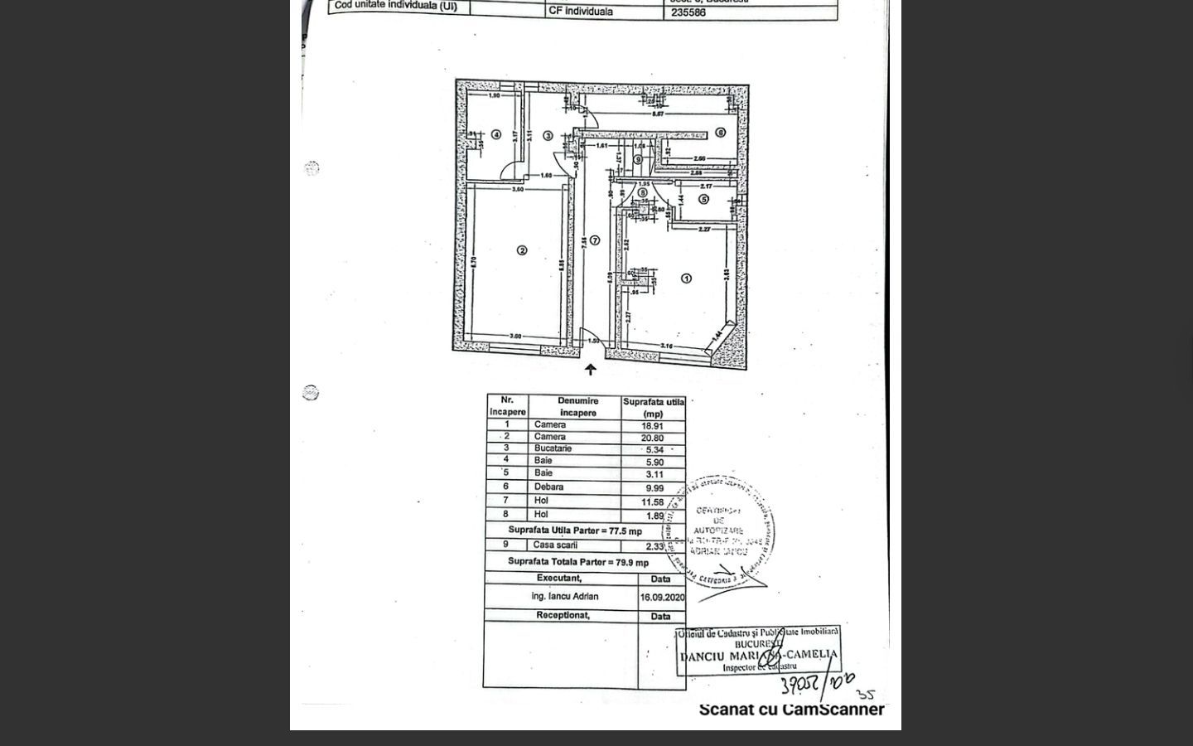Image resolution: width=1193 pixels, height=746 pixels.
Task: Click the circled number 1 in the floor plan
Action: (x=686, y=279)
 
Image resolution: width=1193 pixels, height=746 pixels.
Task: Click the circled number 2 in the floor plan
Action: (x=522, y=250)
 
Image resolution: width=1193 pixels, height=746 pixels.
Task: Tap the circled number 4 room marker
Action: (x=496, y=134)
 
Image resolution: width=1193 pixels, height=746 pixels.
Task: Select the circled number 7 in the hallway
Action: (x=594, y=240)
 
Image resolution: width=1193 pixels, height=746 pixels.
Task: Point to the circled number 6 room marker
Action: (x=720, y=133)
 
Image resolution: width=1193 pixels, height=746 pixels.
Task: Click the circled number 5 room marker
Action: (x=703, y=199)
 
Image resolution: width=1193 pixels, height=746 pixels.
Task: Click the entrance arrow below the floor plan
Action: (x=590, y=370)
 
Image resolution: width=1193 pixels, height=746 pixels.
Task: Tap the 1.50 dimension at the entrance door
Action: (x=593, y=341)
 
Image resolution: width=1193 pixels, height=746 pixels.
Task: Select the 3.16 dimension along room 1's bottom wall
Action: (x=666, y=346)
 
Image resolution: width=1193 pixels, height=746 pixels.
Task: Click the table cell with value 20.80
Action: (x=653, y=438)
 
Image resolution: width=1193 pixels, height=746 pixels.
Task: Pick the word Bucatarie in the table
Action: (x=553, y=448)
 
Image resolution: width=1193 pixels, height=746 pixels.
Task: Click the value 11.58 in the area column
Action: (x=654, y=501)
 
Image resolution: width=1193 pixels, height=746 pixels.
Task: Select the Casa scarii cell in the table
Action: (x=556, y=545)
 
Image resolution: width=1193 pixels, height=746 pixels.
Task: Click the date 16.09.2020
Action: (x=661, y=597)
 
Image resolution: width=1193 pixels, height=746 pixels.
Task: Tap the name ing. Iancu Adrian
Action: (x=564, y=596)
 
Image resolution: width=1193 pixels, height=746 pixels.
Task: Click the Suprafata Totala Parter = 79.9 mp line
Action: (x=578, y=562)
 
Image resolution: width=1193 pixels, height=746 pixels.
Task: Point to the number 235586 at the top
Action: (x=688, y=12)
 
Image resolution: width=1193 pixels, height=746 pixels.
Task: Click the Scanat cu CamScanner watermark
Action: (x=791, y=710)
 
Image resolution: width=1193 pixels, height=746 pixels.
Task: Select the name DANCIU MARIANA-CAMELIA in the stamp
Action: (x=758, y=655)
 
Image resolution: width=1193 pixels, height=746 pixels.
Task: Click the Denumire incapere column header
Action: (x=577, y=406)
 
